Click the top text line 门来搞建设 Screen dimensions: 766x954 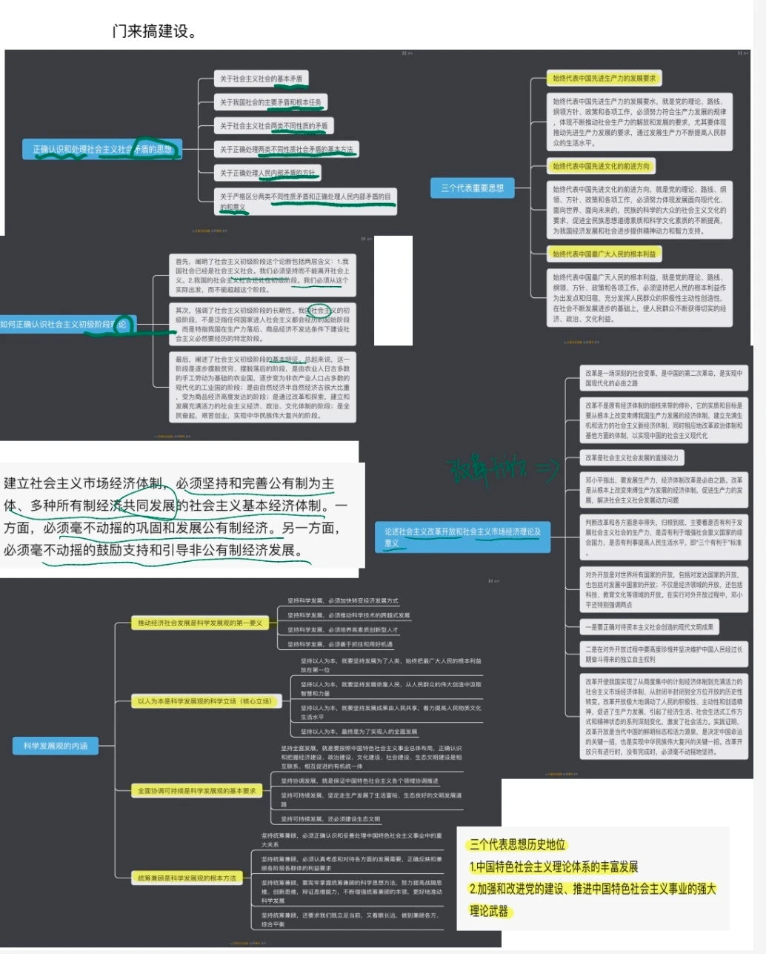154,31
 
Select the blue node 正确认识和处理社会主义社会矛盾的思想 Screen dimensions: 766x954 101,150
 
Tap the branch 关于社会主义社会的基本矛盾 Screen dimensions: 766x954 261,79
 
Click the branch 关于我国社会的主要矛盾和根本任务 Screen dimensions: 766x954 270,102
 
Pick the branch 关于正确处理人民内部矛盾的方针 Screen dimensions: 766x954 267,173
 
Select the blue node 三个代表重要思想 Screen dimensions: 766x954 472,188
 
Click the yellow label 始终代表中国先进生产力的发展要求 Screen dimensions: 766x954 604,79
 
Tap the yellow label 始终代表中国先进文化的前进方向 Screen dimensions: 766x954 601,167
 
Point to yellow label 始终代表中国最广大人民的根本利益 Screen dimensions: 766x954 604,254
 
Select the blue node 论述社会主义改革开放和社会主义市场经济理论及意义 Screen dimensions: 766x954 463,537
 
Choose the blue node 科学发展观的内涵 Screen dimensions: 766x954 56,746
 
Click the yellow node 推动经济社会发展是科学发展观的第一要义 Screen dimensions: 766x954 200,623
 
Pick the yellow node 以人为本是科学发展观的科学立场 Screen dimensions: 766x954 204,701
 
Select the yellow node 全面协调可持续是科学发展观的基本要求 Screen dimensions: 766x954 196,791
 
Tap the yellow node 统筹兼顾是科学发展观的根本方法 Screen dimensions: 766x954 187,878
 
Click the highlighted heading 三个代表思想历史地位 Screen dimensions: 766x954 518,844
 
